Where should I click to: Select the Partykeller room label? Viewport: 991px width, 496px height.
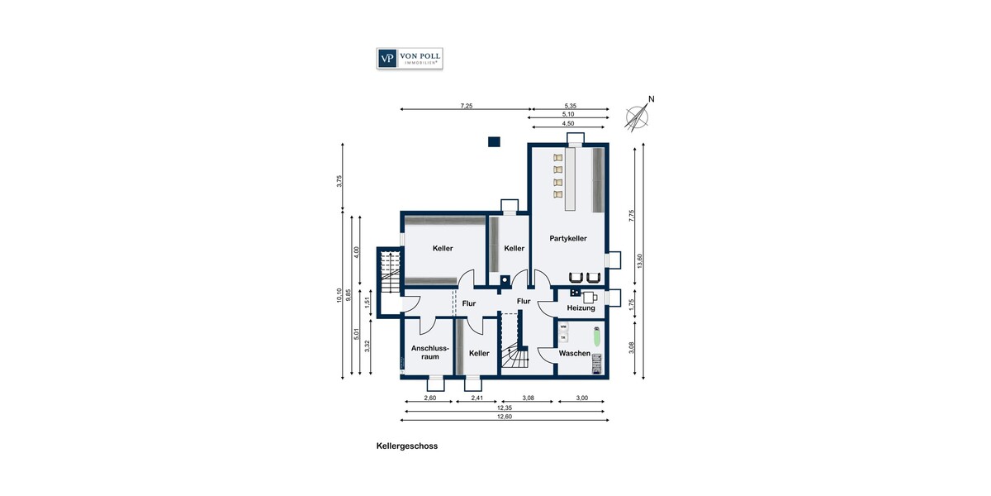point(568,238)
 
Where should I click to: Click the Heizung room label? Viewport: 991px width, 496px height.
point(581,308)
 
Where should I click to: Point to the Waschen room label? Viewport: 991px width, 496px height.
point(574,353)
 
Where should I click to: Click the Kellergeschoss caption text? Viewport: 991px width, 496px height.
point(406,446)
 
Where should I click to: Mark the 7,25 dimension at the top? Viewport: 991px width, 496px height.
point(467,106)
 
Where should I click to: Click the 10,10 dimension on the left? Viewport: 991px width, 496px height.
point(339,295)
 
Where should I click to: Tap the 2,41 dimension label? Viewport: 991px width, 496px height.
point(477,398)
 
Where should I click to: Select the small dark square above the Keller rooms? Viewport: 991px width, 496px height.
point(494,141)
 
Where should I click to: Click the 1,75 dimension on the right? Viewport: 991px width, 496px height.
point(632,303)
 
